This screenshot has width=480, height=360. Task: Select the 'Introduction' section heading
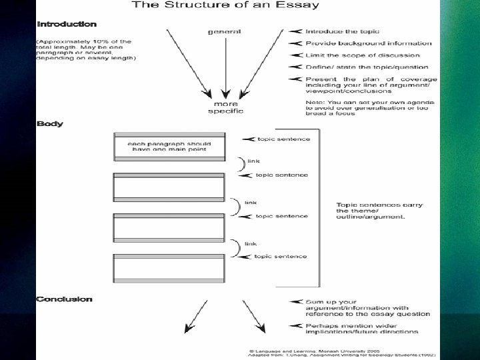pyautogui.click(x=67, y=25)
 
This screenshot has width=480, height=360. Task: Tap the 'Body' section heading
pyautogui.click(x=50, y=124)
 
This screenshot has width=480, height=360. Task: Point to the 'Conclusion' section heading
pyautogui.click(x=65, y=299)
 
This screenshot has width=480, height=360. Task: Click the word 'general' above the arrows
pyautogui.click(x=225, y=31)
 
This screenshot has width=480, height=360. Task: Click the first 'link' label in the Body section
pyautogui.click(x=253, y=161)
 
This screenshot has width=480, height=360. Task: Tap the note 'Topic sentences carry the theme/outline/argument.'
pyautogui.click(x=379, y=211)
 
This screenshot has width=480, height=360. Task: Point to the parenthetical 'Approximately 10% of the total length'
pyautogui.click(x=85, y=49)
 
